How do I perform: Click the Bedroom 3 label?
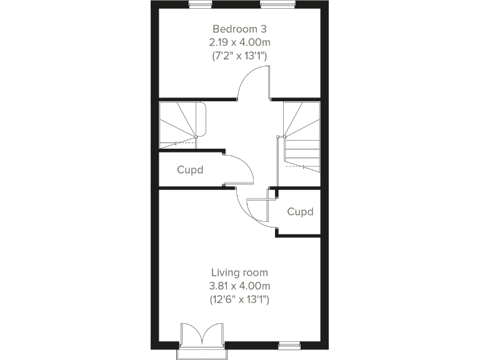click(x=239, y=29)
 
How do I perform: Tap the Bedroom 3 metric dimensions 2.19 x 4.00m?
click(x=239, y=42)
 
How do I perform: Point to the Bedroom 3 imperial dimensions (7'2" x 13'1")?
click(x=239, y=56)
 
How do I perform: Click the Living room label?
click(x=239, y=272)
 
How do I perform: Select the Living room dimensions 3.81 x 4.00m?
click(x=239, y=286)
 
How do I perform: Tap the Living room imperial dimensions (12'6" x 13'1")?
click(x=239, y=300)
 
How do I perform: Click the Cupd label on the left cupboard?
click(x=190, y=169)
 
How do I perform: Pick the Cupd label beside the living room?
click(x=300, y=212)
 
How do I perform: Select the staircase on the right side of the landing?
click(x=302, y=137)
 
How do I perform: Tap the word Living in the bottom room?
click(x=223, y=272)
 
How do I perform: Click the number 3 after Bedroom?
click(x=264, y=29)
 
